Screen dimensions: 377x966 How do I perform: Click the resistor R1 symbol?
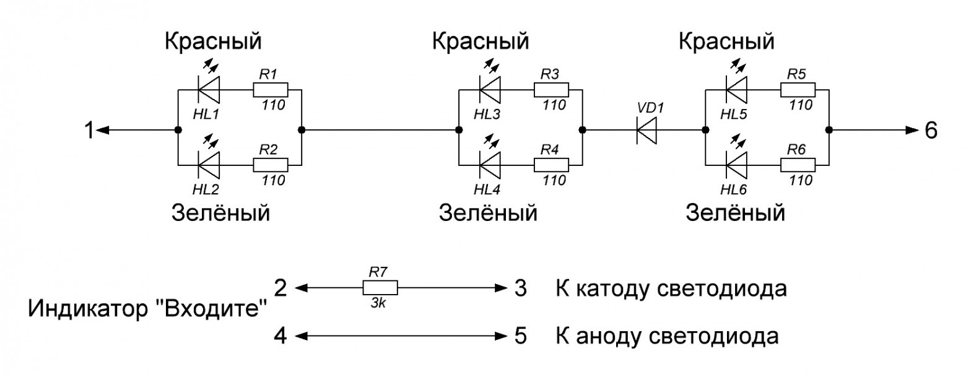pyautogui.click(x=271, y=90)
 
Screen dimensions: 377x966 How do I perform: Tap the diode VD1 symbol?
pyautogui.click(x=647, y=131)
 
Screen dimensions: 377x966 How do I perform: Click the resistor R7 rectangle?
pyautogui.click(x=380, y=288)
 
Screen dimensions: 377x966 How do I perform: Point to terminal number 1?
pyautogui.click(x=89, y=131)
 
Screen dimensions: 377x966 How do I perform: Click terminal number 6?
pyautogui.click(x=931, y=131)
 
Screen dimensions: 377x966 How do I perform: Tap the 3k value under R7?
pyautogui.click(x=378, y=304)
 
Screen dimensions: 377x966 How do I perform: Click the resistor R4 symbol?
pyautogui.click(x=551, y=165)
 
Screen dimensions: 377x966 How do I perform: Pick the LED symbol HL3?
pyautogui.click(x=490, y=90)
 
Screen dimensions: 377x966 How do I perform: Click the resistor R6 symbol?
pyautogui.click(x=798, y=165)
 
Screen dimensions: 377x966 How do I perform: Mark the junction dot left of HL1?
pyautogui.click(x=178, y=131)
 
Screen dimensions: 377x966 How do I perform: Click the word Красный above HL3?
pyautogui.click(x=481, y=43)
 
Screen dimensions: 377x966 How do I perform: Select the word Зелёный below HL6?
pyautogui.click(x=735, y=214)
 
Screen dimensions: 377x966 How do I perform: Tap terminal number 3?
pyautogui.click(x=520, y=288)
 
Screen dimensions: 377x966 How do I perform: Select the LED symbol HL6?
pyautogui.click(x=736, y=165)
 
